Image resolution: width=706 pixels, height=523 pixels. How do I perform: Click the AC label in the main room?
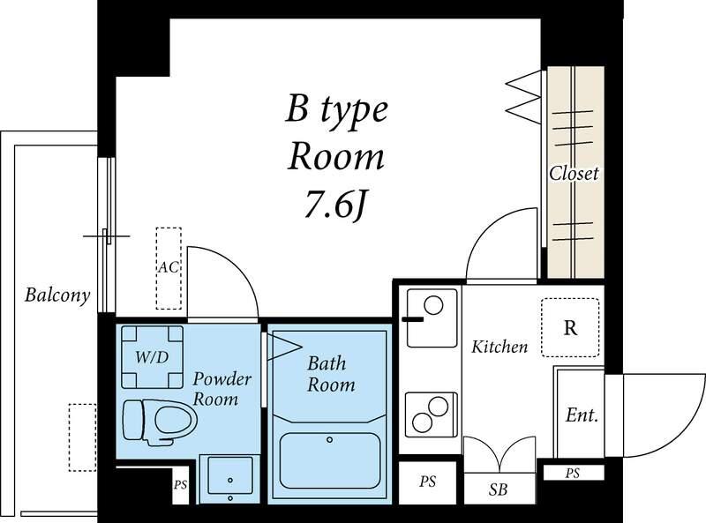click(x=169, y=267)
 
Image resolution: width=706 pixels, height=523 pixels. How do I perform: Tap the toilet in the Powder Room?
click(x=160, y=422)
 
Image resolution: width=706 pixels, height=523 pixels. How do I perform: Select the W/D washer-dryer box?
click(x=152, y=357)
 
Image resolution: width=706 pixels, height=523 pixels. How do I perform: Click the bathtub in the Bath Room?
click(x=329, y=461)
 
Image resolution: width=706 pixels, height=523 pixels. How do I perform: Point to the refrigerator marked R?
click(x=570, y=327)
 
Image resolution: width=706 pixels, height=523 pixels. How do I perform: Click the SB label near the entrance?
click(x=498, y=489)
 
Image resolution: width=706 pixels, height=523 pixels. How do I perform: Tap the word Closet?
click(x=574, y=173)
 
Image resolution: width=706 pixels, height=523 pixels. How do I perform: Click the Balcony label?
click(x=57, y=295)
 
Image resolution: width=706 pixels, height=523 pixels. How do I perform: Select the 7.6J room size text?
click(x=335, y=204)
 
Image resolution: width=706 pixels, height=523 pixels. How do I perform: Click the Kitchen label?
click(x=499, y=347)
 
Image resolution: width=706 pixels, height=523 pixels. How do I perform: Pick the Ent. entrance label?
click(x=582, y=415)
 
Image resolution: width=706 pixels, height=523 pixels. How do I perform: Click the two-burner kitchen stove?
click(x=432, y=415)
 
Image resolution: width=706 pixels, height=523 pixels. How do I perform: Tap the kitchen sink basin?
click(x=432, y=318)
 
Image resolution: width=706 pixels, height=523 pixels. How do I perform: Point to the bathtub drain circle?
click(x=329, y=440)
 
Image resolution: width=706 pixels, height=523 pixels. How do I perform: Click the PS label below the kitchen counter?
click(x=427, y=482)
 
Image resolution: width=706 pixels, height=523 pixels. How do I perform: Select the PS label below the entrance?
click(x=572, y=474)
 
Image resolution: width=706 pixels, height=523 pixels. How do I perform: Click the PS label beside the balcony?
click(x=181, y=485)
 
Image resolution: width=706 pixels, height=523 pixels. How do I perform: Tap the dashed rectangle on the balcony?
click(x=82, y=437)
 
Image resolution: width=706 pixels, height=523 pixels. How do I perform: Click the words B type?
click(x=337, y=110)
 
